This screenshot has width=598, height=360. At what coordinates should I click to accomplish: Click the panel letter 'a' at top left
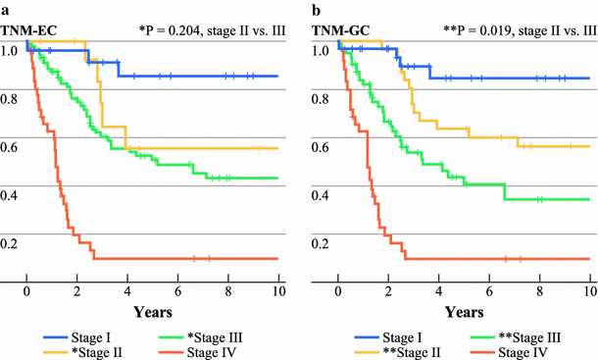(5, 8)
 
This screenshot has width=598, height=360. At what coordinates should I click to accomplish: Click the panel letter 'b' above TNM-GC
(315, 8)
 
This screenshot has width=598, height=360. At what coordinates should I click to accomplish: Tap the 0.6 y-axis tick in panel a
(10, 147)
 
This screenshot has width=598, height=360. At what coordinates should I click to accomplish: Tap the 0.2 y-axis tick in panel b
(321, 243)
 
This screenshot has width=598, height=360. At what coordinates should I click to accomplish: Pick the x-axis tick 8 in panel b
(538, 292)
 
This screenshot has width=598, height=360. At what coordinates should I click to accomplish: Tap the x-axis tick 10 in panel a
(277, 292)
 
